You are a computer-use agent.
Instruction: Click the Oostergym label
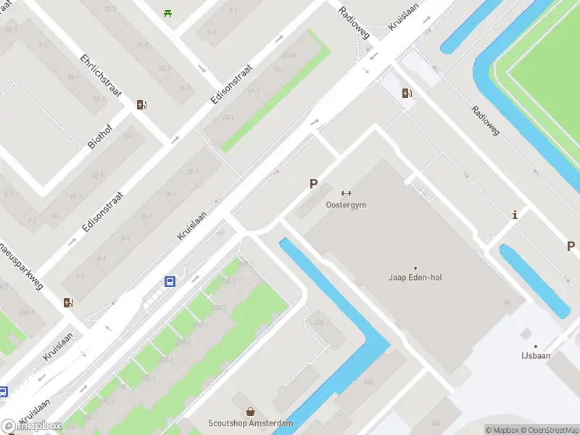point(346,205)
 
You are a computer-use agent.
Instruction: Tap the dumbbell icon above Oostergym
point(346,193)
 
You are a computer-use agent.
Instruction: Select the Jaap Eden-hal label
point(415,277)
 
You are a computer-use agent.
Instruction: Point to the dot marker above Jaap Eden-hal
point(415,268)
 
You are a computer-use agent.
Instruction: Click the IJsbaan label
point(536,356)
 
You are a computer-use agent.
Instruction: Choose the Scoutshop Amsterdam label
point(251,423)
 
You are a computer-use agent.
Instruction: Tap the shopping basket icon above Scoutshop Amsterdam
point(251,411)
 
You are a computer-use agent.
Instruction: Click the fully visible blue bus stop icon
point(170,282)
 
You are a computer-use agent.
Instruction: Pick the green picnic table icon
point(168,12)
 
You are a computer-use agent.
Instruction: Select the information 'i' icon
point(515,215)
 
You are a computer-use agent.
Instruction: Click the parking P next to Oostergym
point(313,184)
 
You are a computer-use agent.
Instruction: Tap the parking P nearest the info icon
point(571,246)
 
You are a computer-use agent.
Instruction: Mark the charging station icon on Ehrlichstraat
point(141,104)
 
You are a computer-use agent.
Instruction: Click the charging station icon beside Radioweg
point(407,92)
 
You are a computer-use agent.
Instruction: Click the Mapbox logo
point(30,426)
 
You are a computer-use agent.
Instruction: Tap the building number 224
point(318,322)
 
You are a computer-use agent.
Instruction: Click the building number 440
point(368,382)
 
